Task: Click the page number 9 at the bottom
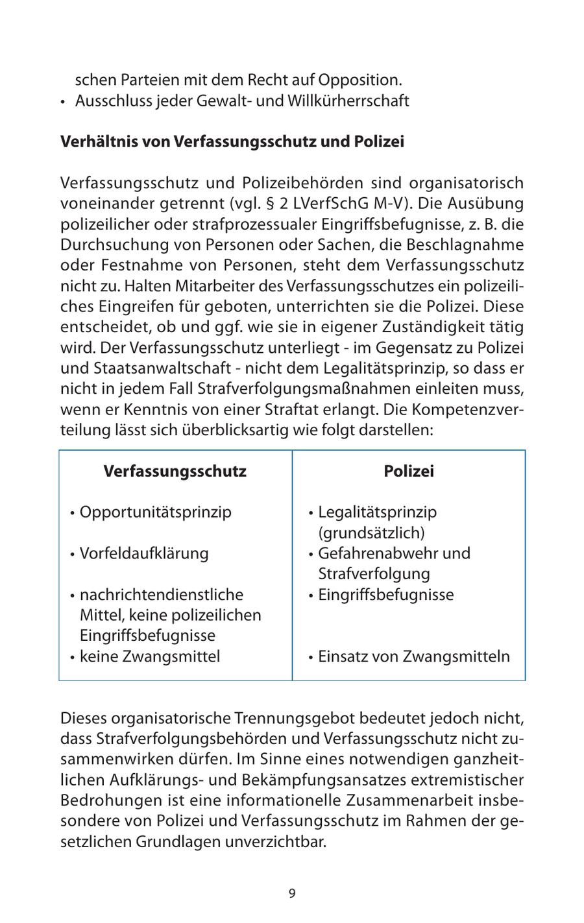tap(292, 893)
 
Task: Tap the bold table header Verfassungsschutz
tap(175, 471)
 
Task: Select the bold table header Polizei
tap(409, 471)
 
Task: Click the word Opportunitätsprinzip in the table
tap(155, 512)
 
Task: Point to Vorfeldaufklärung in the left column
tap(144, 554)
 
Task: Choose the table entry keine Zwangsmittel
tap(150, 656)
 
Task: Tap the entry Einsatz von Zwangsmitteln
tap(413, 656)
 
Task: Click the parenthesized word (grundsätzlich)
tap(371, 533)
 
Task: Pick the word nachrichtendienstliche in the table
tap(162, 595)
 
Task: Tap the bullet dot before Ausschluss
tap(64, 102)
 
